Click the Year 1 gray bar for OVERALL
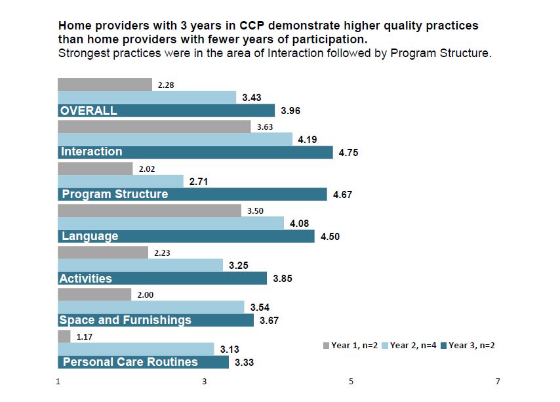105,85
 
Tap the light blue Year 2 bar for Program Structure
121,181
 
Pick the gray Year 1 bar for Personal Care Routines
64,336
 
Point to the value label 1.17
85,337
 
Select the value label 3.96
290,111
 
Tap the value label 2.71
199,182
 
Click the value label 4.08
298,224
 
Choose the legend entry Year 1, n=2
350,346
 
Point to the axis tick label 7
498,382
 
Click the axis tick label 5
351,382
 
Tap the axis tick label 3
205,382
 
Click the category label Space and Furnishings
125,320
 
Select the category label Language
90,236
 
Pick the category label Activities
86,278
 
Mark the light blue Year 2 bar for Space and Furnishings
151,307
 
